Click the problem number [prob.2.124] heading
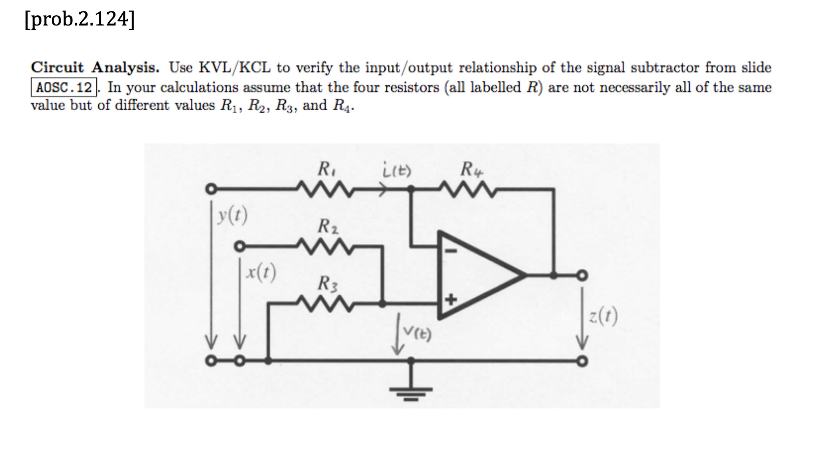79,19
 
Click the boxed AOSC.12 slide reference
64,87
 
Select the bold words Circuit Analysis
95,68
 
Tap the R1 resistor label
326,169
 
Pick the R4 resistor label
471,169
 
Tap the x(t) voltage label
261,272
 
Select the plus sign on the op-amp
451,299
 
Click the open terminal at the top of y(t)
211,189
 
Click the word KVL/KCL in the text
235,68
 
